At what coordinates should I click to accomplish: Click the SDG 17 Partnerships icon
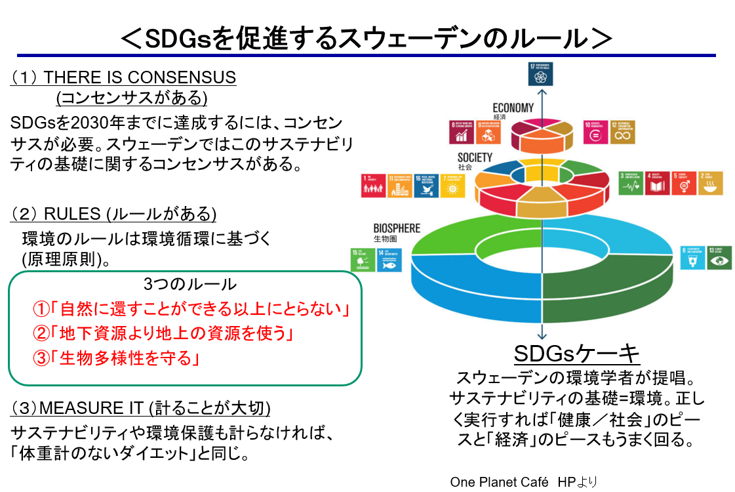541,75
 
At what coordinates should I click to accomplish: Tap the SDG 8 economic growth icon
462,133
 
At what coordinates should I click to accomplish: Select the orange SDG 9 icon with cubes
487,133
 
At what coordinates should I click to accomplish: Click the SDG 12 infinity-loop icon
622,133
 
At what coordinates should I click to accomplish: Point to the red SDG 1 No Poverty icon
374,186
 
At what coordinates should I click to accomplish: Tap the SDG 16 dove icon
426,186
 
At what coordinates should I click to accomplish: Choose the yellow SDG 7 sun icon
452,186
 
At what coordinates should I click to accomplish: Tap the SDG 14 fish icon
389,260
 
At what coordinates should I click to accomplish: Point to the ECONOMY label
513,108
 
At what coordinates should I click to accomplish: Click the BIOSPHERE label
396,228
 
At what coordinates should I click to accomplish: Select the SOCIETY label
475,157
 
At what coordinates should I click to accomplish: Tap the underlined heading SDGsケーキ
576,354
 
